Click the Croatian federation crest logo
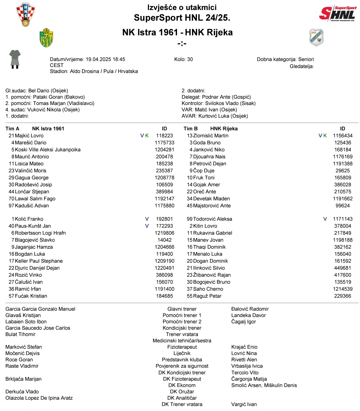[x=26, y=14]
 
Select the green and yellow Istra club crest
[x=46, y=38]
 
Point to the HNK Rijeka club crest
[x=316, y=37]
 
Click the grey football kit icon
[x=15, y=59]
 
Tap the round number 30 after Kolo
[x=190, y=59]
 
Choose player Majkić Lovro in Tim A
[x=29, y=136]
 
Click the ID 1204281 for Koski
[x=164, y=150]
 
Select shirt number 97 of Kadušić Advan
[x=11, y=206]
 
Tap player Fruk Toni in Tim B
[x=204, y=178]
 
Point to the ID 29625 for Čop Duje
[x=343, y=171]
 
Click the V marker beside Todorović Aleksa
[x=325, y=219]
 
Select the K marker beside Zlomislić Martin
[x=325, y=136]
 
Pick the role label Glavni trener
[x=182, y=309]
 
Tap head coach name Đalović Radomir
[x=250, y=309]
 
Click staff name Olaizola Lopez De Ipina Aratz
[x=39, y=398]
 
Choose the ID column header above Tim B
[x=343, y=129]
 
